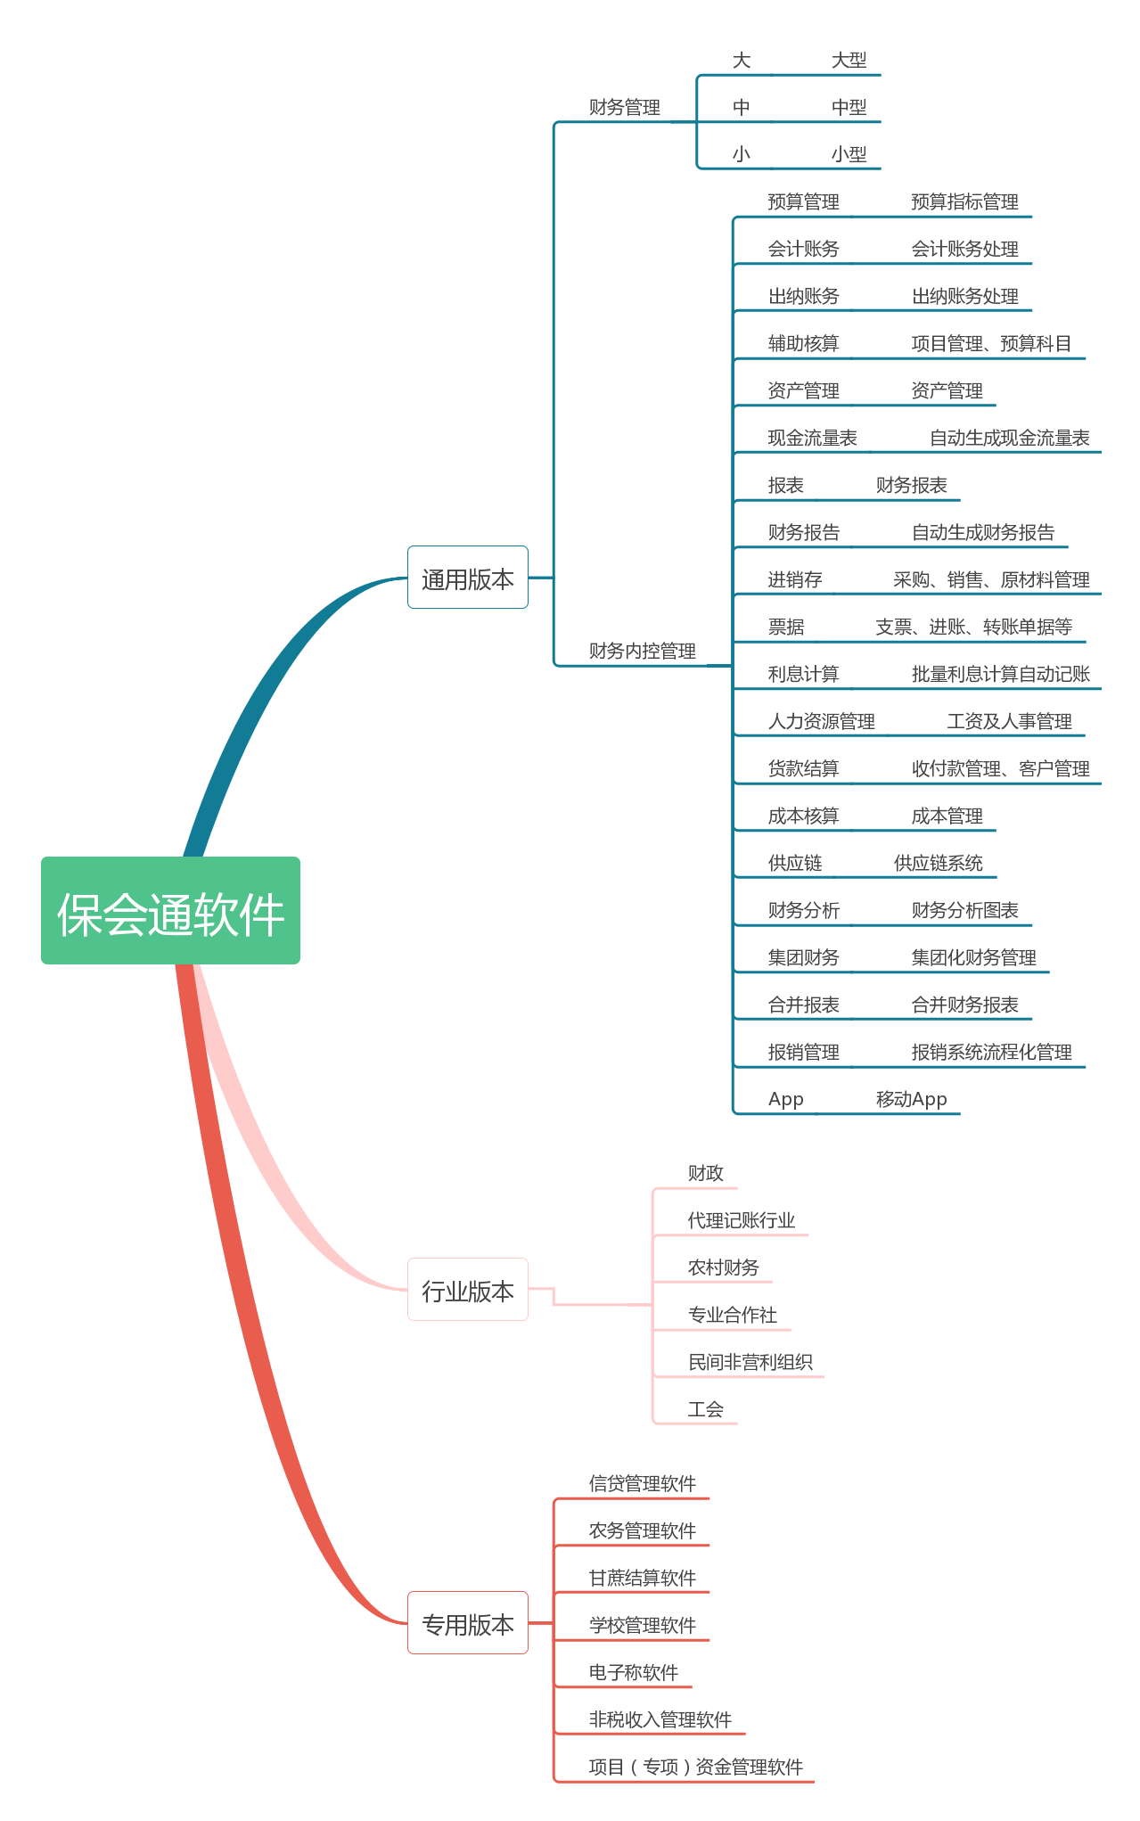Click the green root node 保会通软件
170,911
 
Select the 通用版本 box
467,578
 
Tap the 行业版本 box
467,1290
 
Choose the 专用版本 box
467,1623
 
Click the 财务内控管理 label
642,651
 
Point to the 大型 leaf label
849,61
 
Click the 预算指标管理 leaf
964,202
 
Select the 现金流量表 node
812,439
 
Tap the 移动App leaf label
911,1099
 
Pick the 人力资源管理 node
821,722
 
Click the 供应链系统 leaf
938,863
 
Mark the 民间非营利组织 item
750,1362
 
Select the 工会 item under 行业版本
705,1409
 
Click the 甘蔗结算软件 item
642,1578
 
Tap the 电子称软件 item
633,1672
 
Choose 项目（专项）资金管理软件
695,1767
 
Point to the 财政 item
705,1173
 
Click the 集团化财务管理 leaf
973,957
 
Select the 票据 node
785,628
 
